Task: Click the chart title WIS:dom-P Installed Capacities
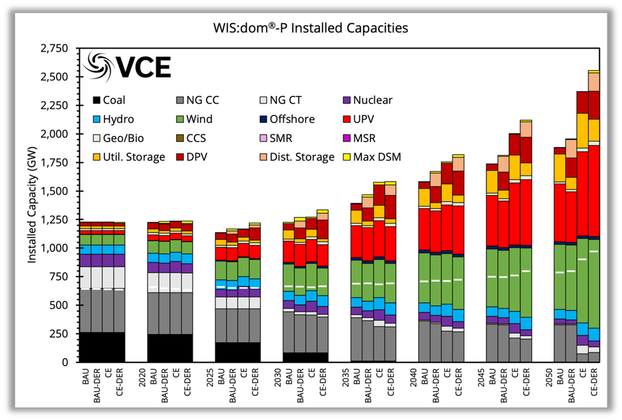(x=310, y=27)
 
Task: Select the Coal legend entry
(x=113, y=100)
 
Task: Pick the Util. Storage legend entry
(x=129, y=157)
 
